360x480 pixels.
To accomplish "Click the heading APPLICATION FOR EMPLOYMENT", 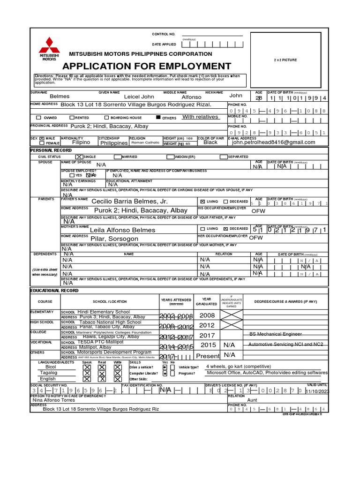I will click(x=147, y=66).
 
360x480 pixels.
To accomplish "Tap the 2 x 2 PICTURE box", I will click(x=285, y=60).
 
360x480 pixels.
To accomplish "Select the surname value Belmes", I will click(x=60, y=97).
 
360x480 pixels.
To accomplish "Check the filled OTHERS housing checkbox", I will click(x=158, y=118).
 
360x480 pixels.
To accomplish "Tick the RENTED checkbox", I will click(x=72, y=118).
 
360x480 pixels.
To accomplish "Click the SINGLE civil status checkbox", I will click(x=79, y=157).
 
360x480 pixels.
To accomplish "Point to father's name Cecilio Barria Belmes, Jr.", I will click(x=129, y=201).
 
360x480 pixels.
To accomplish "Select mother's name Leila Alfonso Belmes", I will click(x=122, y=230).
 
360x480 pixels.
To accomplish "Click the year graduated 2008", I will click(x=207, y=315).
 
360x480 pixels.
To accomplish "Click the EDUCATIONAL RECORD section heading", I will click(x=48, y=291).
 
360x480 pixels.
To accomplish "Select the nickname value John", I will click(x=236, y=96).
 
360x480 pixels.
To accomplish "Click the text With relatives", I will click(x=200, y=117).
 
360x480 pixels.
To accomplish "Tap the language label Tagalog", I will click(x=49, y=373).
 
